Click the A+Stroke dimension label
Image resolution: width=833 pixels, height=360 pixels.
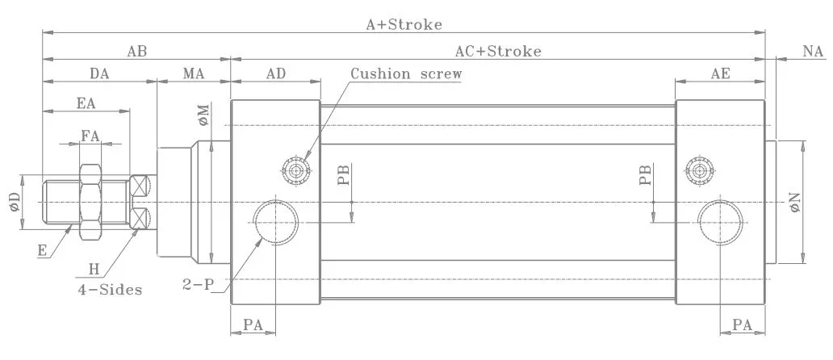point(404,24)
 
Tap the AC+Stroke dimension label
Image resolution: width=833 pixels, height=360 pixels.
point(498,52)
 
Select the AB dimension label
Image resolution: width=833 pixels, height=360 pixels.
point(136,52)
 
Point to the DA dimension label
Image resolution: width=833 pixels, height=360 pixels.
point(99,73)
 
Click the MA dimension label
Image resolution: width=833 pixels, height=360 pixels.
point(194,73)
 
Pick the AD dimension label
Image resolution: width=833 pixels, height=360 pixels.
point(276,73)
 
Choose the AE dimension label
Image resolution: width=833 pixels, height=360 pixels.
point(720,73)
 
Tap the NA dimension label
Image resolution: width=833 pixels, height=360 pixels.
point(813,52)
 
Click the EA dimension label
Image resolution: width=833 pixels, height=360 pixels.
point(86,103)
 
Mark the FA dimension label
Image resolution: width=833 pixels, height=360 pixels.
point(90,136)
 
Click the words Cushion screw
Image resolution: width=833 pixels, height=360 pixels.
point(406,73)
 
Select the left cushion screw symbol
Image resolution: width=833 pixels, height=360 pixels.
point(296,171)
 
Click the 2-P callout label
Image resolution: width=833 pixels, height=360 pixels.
point(198,285)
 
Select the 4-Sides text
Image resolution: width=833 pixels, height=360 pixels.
point(110,290)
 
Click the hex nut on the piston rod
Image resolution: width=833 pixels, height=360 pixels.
point(90,203)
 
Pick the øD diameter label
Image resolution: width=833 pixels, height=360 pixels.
point(15,203)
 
